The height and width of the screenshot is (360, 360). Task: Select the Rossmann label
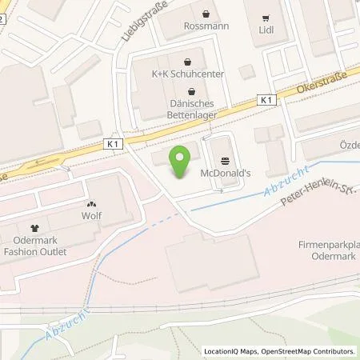208,26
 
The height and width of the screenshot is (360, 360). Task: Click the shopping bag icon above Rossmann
208,14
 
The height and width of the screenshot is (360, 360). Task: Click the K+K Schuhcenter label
187,74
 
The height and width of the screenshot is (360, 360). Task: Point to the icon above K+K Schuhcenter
187,62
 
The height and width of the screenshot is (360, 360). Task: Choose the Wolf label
91,216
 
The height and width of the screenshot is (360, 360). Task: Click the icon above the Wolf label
91,204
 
